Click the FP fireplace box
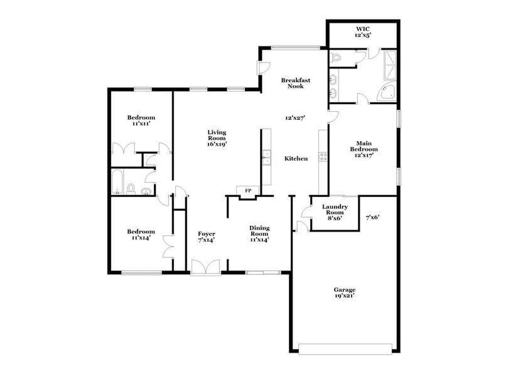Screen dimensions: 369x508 coord(247,191)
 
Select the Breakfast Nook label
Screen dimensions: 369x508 coord(296,83)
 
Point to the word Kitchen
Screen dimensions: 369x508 coord(296,159)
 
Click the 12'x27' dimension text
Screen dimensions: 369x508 coord(295,118)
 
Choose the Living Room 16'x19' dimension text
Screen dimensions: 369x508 coord(217,144)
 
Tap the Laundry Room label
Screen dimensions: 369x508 coord(335,210)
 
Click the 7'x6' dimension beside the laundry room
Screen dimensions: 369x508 coord(373,218)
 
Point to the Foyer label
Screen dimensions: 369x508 coord(207,237)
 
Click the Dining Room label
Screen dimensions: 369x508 coord(259,233)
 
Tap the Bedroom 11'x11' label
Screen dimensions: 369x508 coord(141,120)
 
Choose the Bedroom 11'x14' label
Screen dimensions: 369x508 coord(141,235)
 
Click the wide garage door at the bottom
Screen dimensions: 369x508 coord(347,347)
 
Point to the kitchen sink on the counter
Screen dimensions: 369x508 coord(266,157)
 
